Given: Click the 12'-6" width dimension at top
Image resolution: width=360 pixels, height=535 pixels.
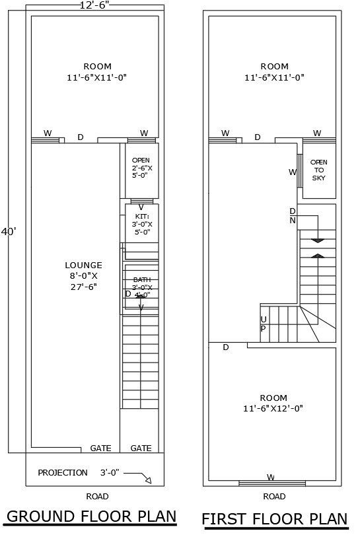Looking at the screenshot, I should [x=94, y=5].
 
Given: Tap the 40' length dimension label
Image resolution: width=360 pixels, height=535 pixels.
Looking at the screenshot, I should [x=9, y=232].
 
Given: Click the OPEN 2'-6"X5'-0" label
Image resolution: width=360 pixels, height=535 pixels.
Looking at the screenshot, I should [x=141, y=168].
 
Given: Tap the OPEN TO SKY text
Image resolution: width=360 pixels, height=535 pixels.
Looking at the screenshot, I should [x=319, y=170].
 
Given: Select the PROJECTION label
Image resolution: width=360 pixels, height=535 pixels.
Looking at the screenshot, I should [x=63, y=473].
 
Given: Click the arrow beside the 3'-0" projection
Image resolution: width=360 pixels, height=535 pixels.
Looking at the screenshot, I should [x=139, y=476].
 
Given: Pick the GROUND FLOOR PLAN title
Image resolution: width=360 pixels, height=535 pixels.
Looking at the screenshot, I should [x=91, y=516].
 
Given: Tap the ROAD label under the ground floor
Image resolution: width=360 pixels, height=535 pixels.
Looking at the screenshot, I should [x=97, y=496].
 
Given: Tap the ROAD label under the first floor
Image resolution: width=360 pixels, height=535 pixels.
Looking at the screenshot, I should [x=274, y=496].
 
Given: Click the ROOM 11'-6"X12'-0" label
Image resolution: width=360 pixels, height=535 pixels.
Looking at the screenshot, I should [x=273, y=403].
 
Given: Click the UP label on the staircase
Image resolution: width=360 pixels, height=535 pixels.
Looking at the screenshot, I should [x=263, y=324].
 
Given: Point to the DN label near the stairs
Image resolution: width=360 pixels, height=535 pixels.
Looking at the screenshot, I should [x=292, y=216].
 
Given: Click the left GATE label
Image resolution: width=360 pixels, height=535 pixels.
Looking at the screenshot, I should [x=100, y=448].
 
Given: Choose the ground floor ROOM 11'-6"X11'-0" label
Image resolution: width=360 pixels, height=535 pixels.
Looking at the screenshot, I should [x=97, y=71].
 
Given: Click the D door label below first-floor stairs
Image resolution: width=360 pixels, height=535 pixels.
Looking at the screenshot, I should [x=226, y=347].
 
